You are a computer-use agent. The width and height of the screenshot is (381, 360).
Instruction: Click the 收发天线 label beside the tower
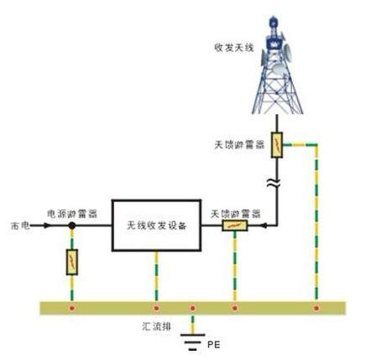click(x=234, y=48)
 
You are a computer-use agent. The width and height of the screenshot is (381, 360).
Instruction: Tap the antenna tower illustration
click(x=277, y=65)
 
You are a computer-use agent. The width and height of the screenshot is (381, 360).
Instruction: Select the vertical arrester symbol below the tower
click(x=277, y=145)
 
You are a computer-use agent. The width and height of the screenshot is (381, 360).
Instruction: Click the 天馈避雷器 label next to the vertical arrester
click(x=239, y=144)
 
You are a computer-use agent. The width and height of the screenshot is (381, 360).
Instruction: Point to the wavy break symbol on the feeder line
click(x=273, y=183)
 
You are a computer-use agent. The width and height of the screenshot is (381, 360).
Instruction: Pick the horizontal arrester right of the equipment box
click(x=235, y=226)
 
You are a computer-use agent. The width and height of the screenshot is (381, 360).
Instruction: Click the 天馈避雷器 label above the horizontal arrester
click(x=235, y=214)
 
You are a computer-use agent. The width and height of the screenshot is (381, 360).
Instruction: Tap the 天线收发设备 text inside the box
click(x=156, y=226)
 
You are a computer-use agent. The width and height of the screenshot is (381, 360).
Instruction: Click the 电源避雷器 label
click(x=72, y=214)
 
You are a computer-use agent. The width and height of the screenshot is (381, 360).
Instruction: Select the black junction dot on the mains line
click(x=72, y=225)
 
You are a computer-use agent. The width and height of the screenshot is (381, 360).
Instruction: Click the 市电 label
click(x=20, y=226)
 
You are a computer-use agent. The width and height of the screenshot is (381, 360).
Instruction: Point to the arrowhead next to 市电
click(x=48, y=225)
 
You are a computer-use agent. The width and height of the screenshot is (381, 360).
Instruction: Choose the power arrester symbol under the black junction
click(x=72, y=262)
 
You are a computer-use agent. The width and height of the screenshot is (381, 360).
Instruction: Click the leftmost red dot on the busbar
click(x=72, y=308)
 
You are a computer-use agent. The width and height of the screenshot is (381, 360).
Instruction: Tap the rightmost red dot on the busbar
click(x=316, y=308)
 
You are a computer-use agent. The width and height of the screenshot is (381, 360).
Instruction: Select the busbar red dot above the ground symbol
click(x=192, y=308)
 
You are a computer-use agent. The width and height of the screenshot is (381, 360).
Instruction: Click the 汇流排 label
click(x=157, y=326)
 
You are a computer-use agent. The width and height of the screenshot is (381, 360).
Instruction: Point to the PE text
click(x=214, y=345)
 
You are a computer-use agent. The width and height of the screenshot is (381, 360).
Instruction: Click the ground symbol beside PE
click(x=192, y=342)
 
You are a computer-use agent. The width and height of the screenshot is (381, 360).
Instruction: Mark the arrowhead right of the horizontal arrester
click(x=264, y=225)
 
